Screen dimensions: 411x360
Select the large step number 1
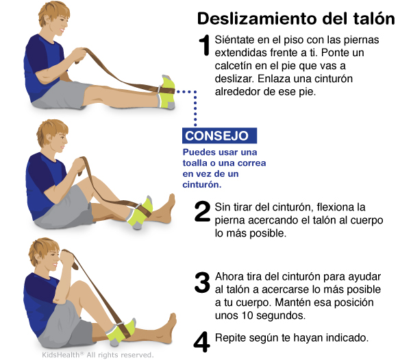(x=204, y=45)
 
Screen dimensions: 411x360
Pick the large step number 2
(x=202, y=211)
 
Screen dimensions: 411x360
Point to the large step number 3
(x=202, y=283)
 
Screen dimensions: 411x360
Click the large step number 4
(x=201, y=341)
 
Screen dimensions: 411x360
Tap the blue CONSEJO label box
(x=219, y=136)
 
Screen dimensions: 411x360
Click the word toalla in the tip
(x=194, y=163)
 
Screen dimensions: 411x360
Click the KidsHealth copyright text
(x=97, y=355)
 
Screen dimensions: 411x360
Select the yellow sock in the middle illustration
(x=140, y=213)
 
